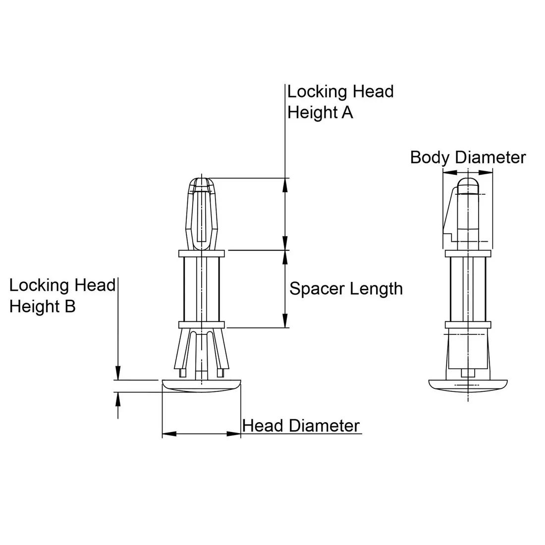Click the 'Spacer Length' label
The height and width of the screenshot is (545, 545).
346,288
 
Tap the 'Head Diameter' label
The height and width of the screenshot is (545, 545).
301,426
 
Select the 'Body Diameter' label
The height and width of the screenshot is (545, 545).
467,158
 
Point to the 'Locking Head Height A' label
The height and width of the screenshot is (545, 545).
340,102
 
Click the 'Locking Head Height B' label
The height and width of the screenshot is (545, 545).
62,295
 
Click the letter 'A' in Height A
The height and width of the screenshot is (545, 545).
347,112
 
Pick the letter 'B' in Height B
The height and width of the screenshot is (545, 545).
70,306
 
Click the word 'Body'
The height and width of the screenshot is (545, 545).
430,158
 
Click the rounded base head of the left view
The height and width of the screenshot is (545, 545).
201,386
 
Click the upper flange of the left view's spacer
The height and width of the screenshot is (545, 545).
201,254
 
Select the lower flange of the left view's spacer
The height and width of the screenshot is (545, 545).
201,325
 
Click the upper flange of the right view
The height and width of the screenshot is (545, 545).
468,254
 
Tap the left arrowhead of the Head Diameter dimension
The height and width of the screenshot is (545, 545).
169,434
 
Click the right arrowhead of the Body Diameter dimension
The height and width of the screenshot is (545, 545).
487,172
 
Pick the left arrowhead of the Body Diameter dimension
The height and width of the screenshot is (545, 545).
449,172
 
